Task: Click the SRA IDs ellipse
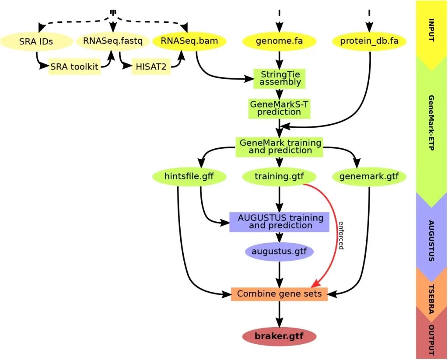pos(36,42)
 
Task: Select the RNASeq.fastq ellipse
pos(109,42)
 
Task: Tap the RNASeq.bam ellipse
pos(189,42)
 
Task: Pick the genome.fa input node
pos(279,42)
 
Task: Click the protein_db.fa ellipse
pos(369,42)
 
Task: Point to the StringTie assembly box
pos(279,77)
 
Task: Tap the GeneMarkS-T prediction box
pos(279,108)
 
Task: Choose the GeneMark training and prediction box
pos(279,147)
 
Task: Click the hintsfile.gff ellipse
pos(189,177)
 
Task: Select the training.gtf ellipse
pos(279,177)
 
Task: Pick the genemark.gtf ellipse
pos(369,177)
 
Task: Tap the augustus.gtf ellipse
pos(279,252)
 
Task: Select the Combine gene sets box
pos(279,294)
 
